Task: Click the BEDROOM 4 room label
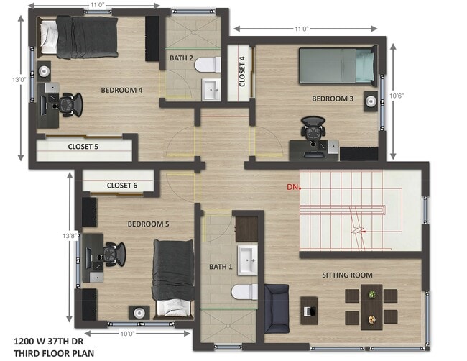[x=121, y=90]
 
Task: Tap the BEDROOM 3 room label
[x=332, y=98]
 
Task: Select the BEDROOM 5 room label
[x=148, y=224]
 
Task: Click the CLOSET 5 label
[x=83, y=147]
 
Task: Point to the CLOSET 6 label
[x=121, y=186]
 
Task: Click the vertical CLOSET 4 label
[x=242, y=70]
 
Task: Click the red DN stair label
[x=292, y=188]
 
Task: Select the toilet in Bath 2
[x=207, y=65]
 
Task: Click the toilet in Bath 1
[x=244, y=291]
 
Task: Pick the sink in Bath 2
[x=211, y=91]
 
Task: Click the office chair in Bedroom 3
[x=313, y=129]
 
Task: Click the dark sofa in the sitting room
[x=277, y=308]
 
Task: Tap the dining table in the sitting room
[x=371, y=306]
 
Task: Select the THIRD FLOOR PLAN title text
[x=54, y=352]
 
